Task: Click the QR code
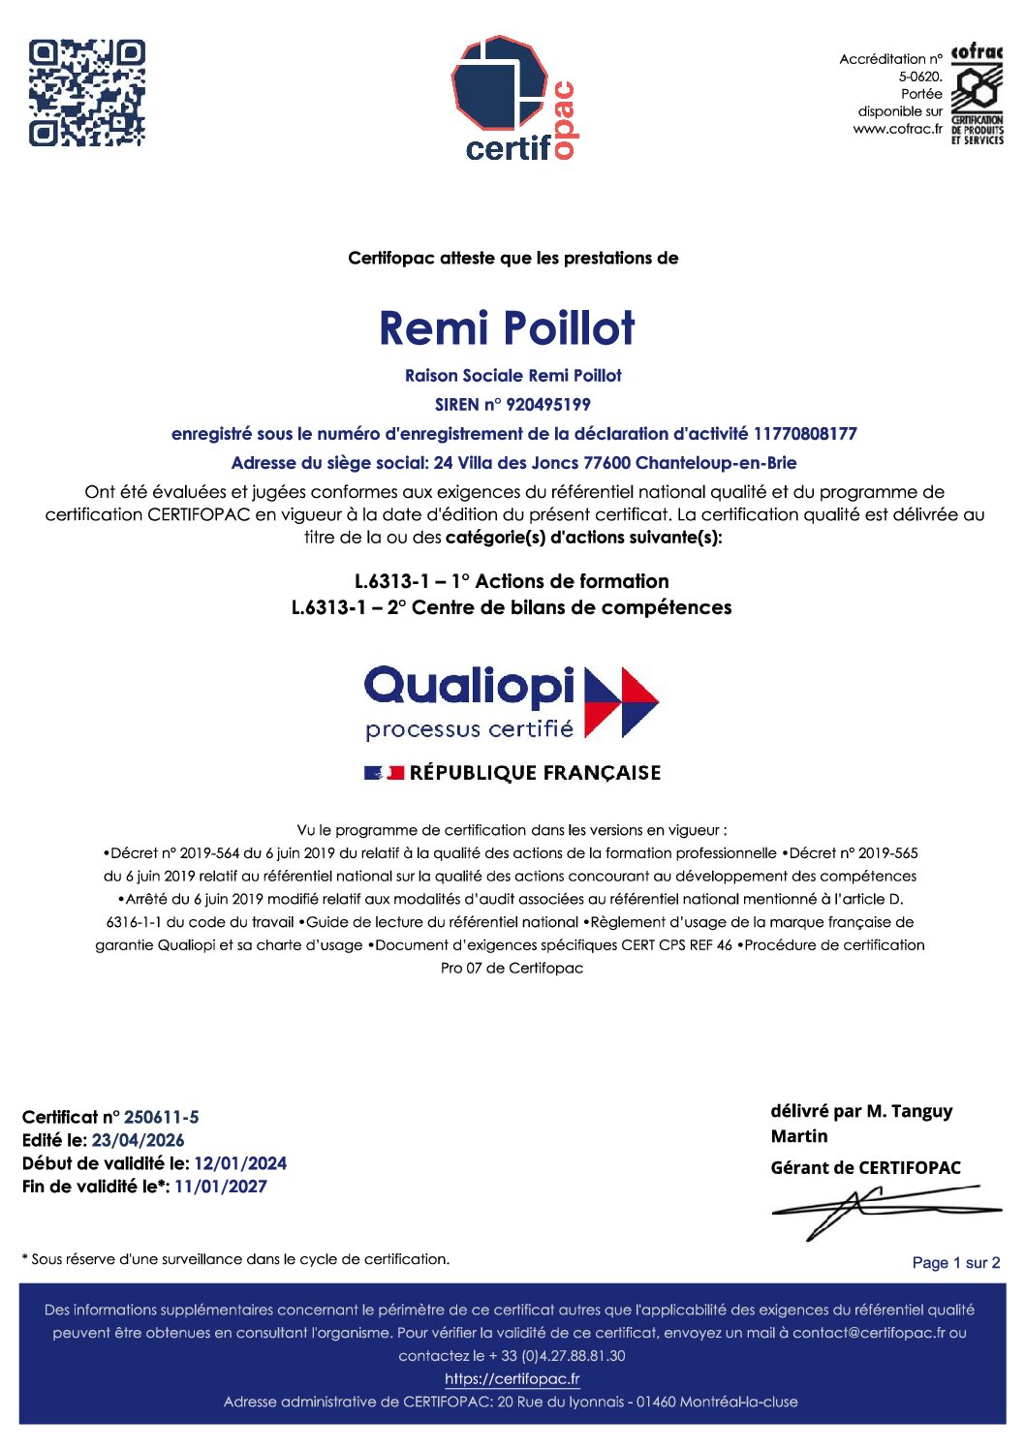point(86,93)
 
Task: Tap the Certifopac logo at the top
point(513,98)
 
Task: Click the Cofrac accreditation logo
point(977,94)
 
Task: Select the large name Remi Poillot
point(507,328)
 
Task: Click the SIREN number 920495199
point(548,405)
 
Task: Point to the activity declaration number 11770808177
point(805,434)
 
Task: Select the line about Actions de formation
point(512,581)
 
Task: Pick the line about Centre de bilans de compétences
point(512,607)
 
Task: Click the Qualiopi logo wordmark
point(470,686)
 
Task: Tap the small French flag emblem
point(384,773)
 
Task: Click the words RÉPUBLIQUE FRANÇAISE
point(535,773)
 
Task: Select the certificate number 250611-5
point(162,1117)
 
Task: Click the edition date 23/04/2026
point(138,1140)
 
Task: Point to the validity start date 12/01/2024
point(240,1163)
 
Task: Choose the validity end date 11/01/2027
point(220,1187)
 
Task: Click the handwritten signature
point(882,1211)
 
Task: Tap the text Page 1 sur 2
point(955,1263)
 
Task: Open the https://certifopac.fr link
point(512,1379)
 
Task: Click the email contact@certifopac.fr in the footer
point(868,1333)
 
